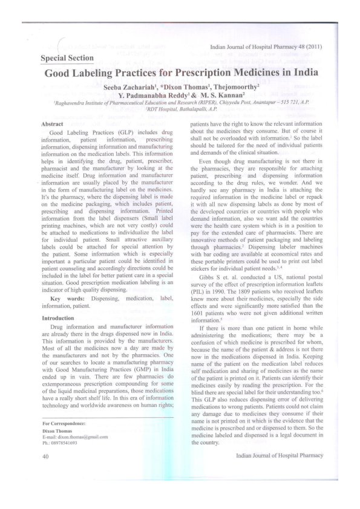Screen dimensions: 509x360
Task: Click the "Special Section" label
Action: [x=67, y=58]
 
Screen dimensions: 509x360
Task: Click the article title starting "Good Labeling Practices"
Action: [x=180, y=76]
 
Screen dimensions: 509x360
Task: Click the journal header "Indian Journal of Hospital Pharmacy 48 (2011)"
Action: [x=266, y=47]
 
